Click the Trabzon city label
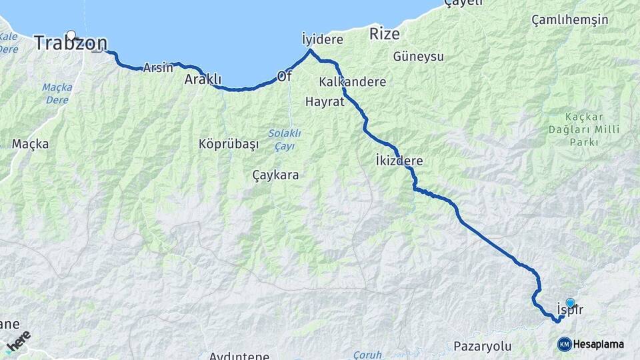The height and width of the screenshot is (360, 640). pos(70,44)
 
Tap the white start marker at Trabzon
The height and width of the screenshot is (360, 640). pos(71,35)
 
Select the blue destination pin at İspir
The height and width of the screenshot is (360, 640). pos(570,303)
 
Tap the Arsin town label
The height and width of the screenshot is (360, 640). pos(158,67)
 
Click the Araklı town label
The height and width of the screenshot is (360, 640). pos(203,79)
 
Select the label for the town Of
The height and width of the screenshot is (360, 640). pos(285,76)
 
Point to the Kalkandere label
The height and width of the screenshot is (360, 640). pos(353,82)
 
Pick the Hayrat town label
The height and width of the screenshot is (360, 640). pos(324,102)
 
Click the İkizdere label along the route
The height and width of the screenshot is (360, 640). pos(399,161)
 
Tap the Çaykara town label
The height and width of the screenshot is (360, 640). pos(275,175)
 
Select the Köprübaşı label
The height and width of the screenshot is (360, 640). pos(228,144)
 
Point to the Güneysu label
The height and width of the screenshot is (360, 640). pos(419,57)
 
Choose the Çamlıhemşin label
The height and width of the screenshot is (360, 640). pos(570,19)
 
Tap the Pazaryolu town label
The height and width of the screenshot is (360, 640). pos(482,346)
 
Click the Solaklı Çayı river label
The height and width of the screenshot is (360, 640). pos(285,139)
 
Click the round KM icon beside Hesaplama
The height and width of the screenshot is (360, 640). pos(565,344)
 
